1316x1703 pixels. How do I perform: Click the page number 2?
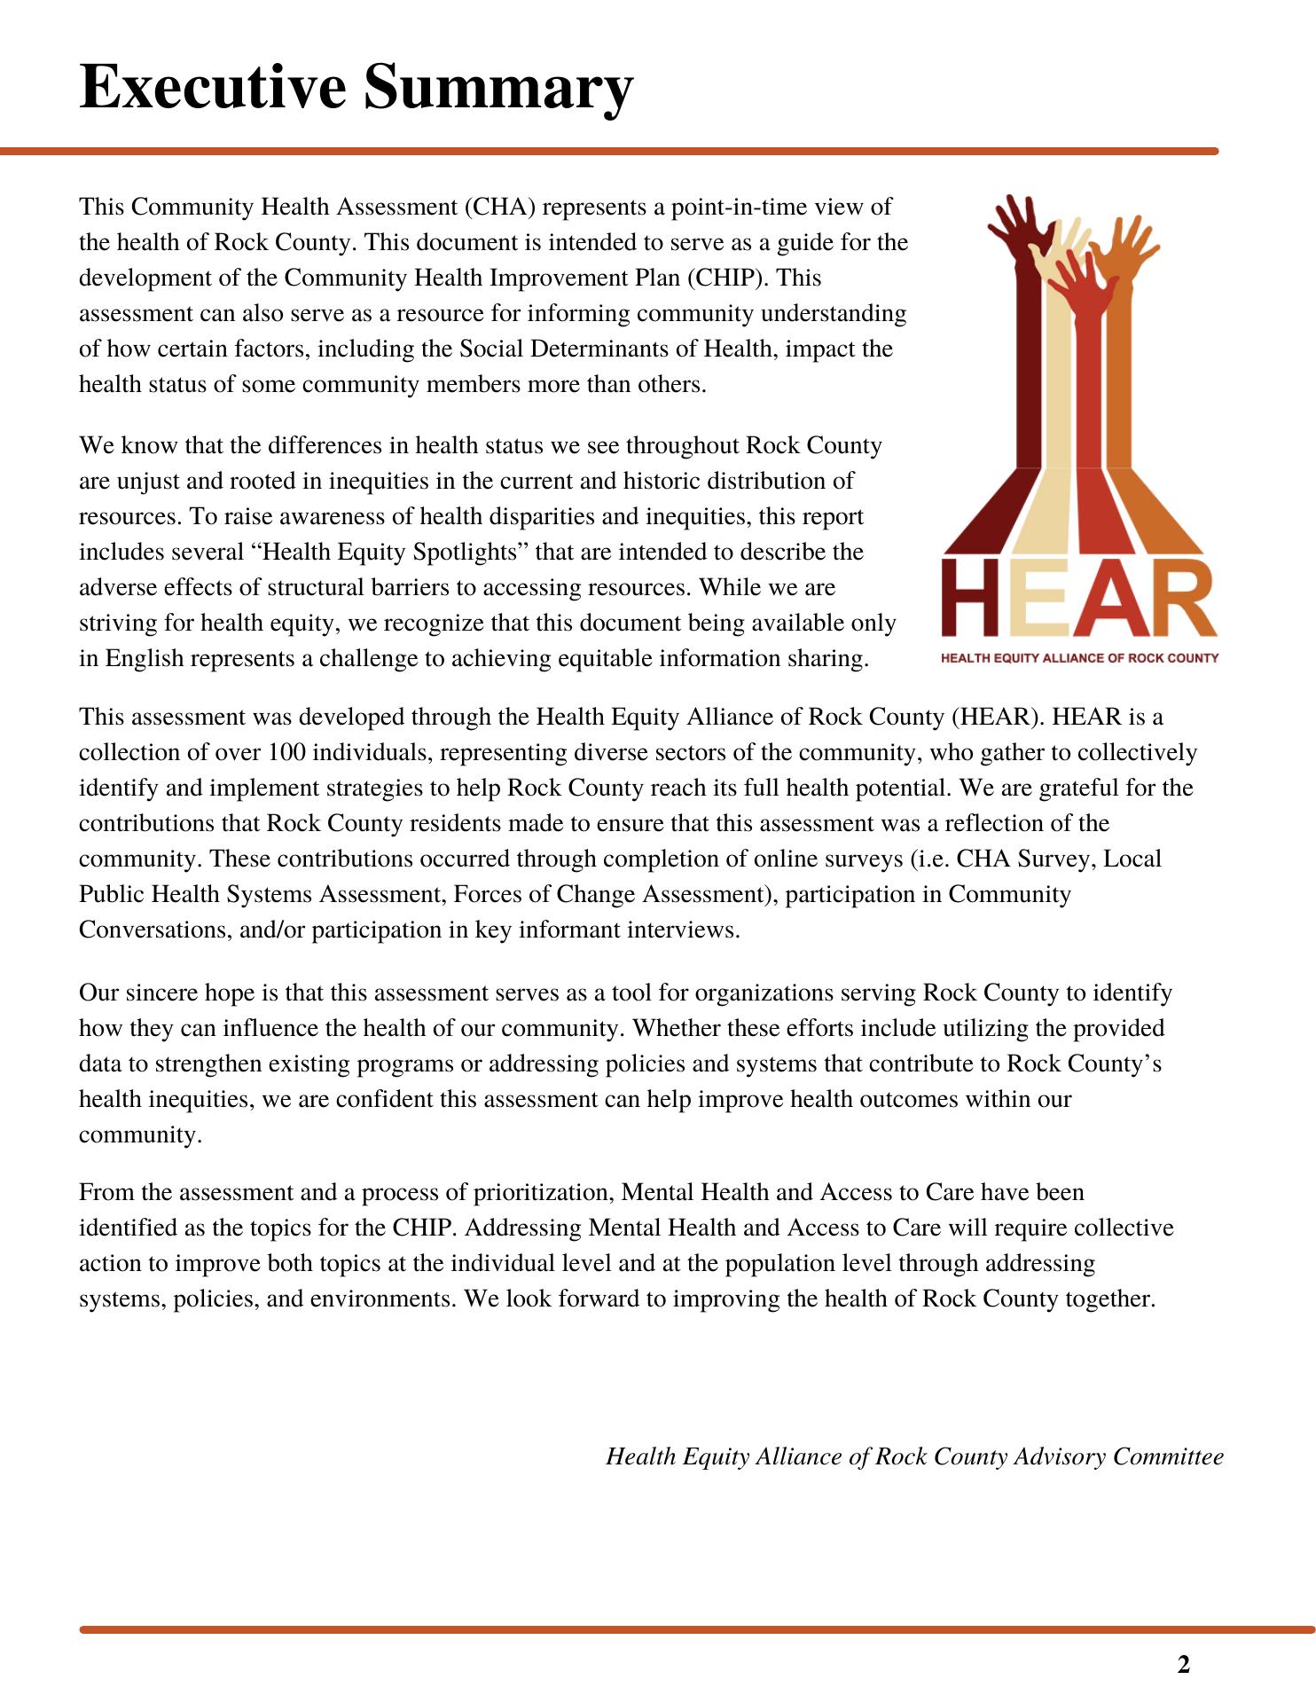(x=1183, y=1665)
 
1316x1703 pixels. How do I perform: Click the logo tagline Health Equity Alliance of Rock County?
(x=1079, y=658)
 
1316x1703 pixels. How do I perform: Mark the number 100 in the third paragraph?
(x=286, y=752)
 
